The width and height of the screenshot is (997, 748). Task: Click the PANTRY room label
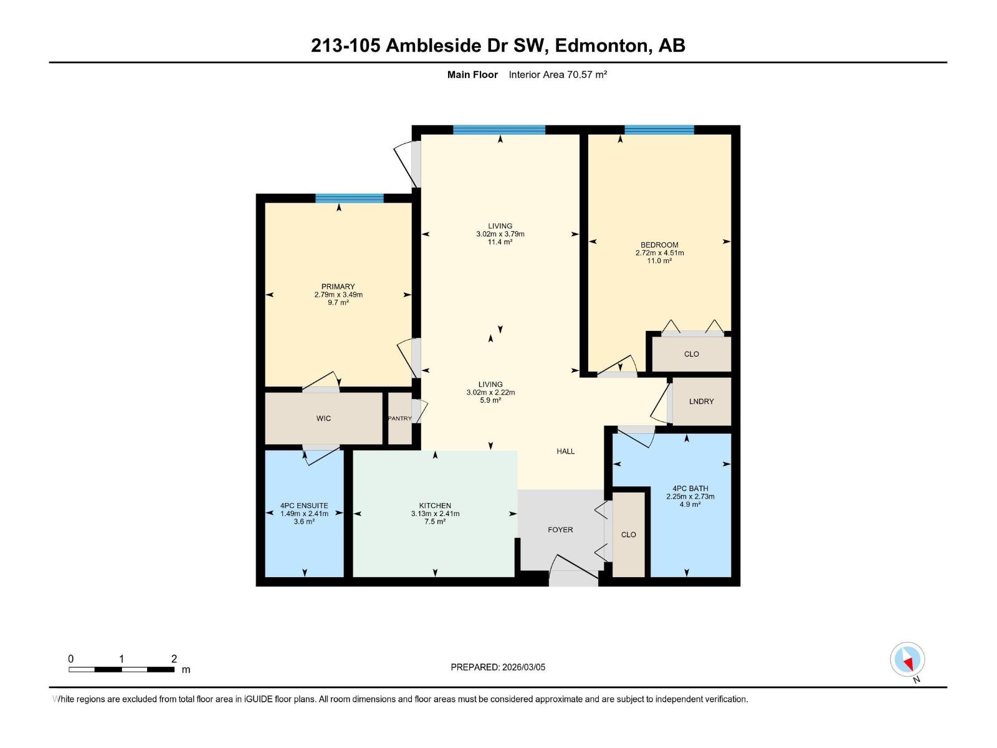[399, 418]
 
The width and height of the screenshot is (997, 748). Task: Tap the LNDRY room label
[701, 401]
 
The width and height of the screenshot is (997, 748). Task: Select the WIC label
[323, 418]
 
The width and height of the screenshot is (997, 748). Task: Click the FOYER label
[560, 530]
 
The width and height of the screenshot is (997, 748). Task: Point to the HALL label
[565, 451]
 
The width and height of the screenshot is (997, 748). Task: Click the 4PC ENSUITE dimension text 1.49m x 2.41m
[304, 514]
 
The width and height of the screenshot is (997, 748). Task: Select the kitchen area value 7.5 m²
[435, 522]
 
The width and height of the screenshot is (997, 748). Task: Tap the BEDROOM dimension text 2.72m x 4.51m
[659, 253]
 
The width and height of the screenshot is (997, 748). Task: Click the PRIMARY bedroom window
[349, 199]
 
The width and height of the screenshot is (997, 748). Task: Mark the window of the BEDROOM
[659, 130]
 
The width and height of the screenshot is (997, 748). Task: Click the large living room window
[499, 130]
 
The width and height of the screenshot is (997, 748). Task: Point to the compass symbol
[907, 659]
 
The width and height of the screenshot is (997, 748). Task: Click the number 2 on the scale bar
[174, 659]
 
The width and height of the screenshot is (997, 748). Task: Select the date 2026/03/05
[523, 667]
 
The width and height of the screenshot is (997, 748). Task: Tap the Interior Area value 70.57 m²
[586, 75]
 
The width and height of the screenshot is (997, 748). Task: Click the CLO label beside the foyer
[628, 535]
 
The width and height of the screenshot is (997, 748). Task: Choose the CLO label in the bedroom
[691, 354]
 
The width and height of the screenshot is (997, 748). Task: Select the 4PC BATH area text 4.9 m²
[690, 504]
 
